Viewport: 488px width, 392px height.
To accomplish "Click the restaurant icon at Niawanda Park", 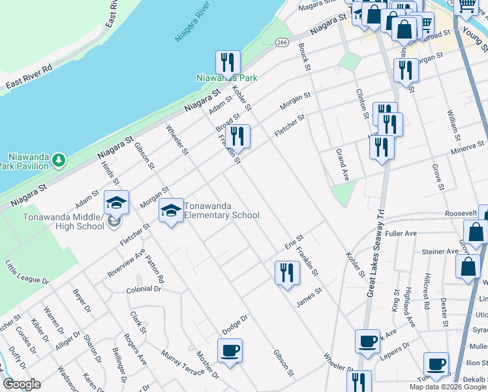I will pyautogui.click(x=228, y=63).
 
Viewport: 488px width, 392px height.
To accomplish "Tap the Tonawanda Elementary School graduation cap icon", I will pyautogui.click(x=171, y=210).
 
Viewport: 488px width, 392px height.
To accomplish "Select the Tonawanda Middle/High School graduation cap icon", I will pyautogui.click(x=116, y=203).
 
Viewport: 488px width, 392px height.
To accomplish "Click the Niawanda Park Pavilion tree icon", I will pyautogui.click(x=59, y=159).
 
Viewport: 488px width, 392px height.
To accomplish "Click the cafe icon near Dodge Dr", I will pyautogui.click(x=230, y=350).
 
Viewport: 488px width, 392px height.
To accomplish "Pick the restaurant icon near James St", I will pyautogui.click(x=286, y=272).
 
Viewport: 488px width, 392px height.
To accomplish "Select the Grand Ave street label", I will pyautogui.click(x=343, y=165).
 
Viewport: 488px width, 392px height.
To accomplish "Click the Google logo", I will pyautogui.click(x=22, y=384).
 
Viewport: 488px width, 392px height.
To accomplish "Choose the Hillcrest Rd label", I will pyautogui.click(x=426, y=291).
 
